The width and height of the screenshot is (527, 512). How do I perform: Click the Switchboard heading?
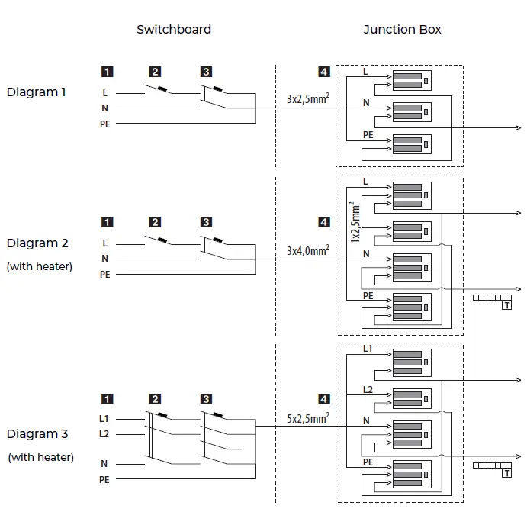(x=174, y=30)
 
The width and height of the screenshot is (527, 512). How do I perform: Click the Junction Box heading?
(x=402, y=30)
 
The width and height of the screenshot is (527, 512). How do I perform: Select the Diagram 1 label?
(x=36, y=92)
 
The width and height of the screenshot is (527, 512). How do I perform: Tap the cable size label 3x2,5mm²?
(x=308, y=98)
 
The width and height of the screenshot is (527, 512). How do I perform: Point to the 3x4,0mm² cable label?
(x=308, y=250)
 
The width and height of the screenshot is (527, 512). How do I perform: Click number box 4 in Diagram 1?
(x=324, y=72)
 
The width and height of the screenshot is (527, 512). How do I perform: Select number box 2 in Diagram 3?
(x=155, y=398)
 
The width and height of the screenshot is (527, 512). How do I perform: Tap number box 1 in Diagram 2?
(x=108, y=222)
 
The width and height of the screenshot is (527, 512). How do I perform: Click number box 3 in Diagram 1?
(x=206, y=72)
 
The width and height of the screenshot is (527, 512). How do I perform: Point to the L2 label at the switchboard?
(x=104, y=434)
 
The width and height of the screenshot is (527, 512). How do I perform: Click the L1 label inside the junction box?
(x=368, y=349)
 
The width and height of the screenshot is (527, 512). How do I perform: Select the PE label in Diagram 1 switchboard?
(x=104, y=124)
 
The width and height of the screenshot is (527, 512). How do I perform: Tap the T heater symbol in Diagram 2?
(x=506, y=305)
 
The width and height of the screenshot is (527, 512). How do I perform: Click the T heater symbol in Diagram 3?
(x=506, y=473)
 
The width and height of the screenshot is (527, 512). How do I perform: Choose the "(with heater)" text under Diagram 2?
(x=40, y=266)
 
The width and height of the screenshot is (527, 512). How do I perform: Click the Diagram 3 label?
(x=37, y=434)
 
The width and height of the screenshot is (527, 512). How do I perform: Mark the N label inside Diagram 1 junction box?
(x=366, y=102)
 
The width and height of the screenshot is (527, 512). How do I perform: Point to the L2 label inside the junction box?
(x=368, y=389)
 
